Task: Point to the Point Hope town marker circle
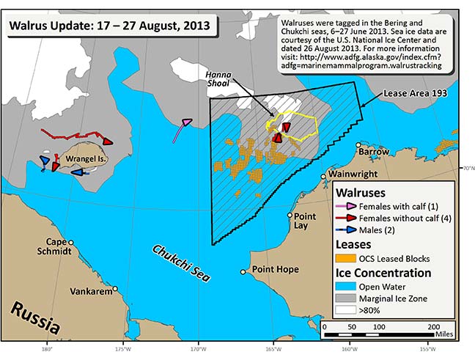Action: [243, 272]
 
